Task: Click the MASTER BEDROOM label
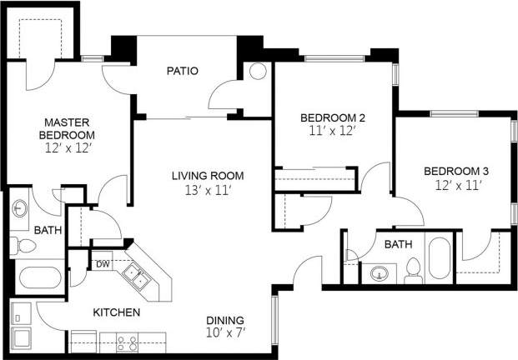[x=71, y=128]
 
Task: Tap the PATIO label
[x=181, y=71]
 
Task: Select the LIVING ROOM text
[x=207, y=175]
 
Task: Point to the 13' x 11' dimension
[x=207, y=190]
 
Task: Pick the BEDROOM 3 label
[x=455, y=172]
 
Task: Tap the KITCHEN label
[x=116, y=312]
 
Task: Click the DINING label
[x=225, y=320]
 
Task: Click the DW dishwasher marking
[x=103, y=264]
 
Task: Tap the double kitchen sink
[x=135, y=277]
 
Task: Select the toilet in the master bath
[x=24, y=246]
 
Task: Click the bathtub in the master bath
[x=38, y=278]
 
